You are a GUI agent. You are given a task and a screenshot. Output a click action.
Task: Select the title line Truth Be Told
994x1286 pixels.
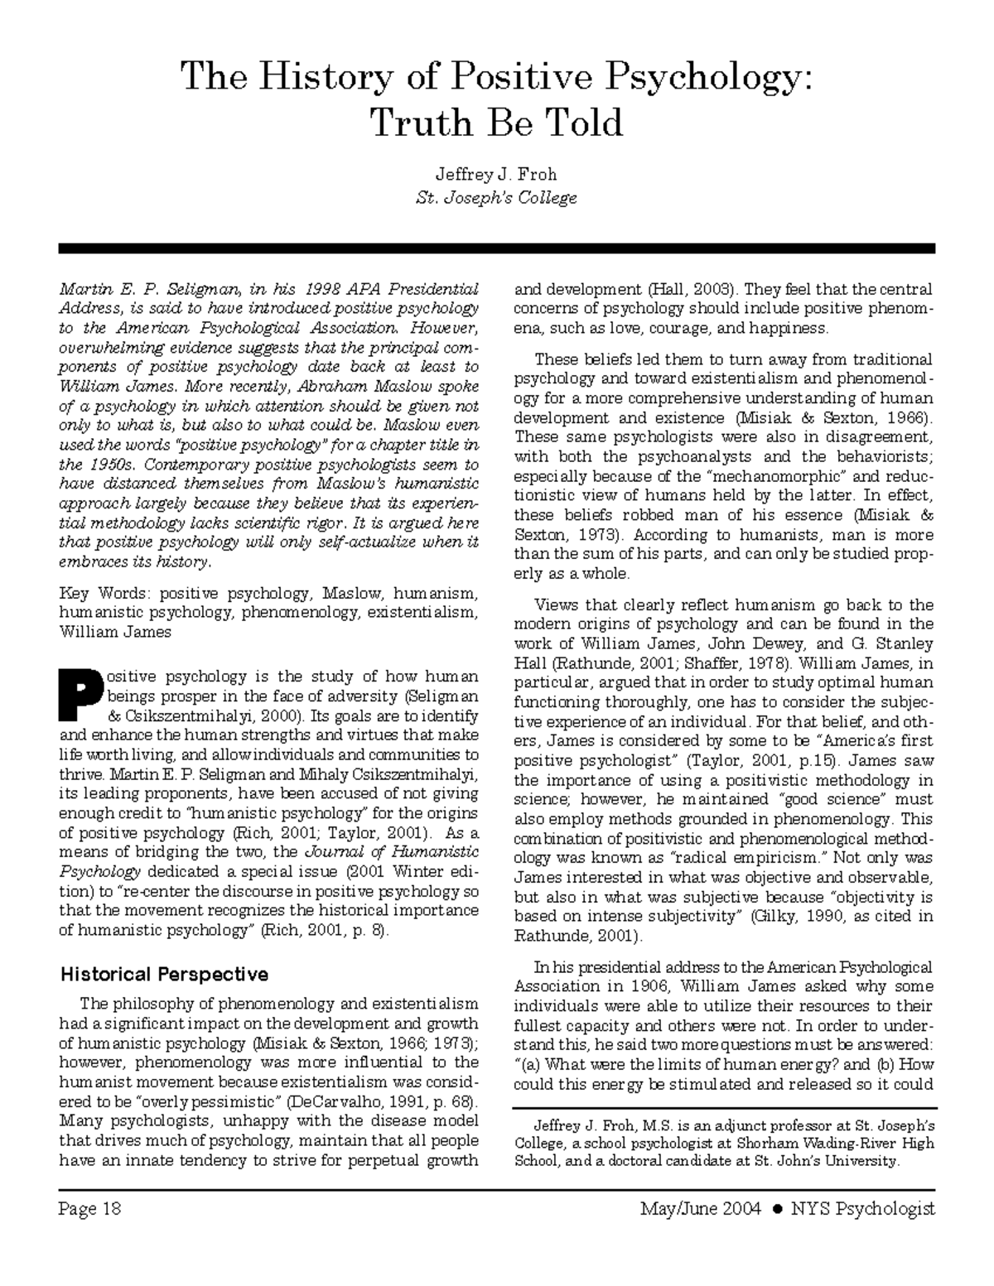tap(495, 123)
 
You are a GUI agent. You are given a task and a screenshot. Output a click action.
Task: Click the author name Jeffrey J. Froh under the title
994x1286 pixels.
tap(495, 175)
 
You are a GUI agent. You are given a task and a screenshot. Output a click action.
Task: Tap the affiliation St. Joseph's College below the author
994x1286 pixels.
tap(495, 199)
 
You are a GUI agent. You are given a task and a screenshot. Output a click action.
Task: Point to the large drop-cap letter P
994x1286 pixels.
tap(80, 697)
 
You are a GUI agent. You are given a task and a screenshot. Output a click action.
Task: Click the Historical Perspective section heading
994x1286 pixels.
tap(164, 974)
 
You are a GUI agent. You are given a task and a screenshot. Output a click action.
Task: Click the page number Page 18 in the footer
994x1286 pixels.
tap(90, 1208)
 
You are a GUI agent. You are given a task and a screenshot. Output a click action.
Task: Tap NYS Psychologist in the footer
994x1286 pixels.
tap(862, 1208)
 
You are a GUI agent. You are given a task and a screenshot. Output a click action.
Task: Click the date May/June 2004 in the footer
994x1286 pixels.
tap(700, 1208)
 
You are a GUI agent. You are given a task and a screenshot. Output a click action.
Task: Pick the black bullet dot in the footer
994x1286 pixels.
tap(776, 1209)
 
